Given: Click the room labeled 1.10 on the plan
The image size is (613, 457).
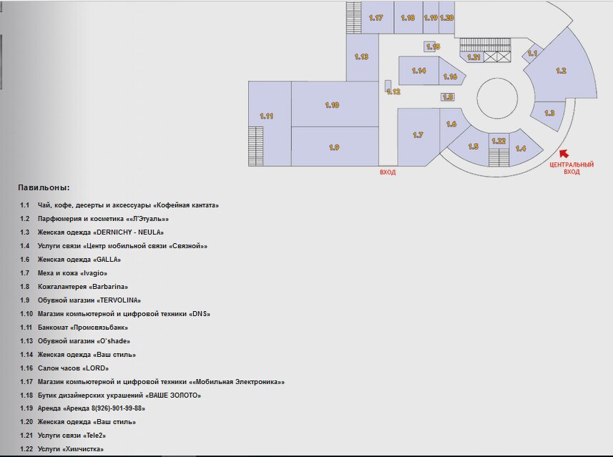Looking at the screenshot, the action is (335, 104).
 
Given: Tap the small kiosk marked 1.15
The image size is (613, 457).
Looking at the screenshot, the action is (430, 46).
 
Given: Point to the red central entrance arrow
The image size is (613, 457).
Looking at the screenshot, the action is (564, 154).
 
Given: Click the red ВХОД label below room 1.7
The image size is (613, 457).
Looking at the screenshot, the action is (388, 172).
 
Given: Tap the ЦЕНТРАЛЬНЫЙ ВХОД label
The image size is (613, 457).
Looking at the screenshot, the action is (572, 168).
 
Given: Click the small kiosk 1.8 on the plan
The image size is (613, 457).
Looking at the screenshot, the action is (448, 97).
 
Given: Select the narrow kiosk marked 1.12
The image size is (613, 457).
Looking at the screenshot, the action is (388, 87).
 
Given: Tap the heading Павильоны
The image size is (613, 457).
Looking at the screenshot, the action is (44, 187).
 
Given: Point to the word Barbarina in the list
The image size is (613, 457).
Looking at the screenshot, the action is (109, 287).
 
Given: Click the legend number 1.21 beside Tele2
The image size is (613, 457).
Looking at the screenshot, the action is (26, 435).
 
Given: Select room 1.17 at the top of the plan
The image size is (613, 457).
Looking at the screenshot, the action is (377, 17).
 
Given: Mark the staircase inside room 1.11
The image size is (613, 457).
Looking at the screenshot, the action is (255, 146).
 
